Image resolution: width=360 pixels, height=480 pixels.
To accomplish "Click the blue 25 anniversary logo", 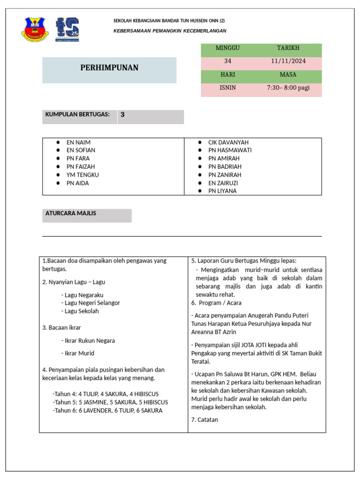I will (x=67, y=29).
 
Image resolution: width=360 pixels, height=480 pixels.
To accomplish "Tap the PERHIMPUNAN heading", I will (x=109, y=68).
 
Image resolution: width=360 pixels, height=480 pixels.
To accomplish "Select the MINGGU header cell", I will (x=227, y=48).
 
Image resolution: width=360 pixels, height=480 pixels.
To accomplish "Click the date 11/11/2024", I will (x=288, y=61).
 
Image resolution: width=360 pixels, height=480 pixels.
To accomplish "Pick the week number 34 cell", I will (x=227, y=61).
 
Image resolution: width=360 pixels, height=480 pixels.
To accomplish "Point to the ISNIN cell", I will (x=227, y=88).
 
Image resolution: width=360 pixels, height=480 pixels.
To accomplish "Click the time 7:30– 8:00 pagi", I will (x=288, y=88).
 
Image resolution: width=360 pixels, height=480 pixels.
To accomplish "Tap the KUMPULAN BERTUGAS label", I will (x=77, y=114).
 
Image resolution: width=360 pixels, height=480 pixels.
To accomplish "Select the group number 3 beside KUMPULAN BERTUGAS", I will (x=123, y=114).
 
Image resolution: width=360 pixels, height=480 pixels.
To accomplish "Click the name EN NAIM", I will (x=78, y=142).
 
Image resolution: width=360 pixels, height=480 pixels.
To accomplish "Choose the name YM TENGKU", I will (x=82, y=175).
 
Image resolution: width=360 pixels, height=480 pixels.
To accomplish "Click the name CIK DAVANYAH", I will (x=228, y=142).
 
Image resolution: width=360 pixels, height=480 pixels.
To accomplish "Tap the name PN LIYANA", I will (x=222, y=191).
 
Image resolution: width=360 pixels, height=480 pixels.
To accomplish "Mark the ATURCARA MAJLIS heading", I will (x=71, y=213).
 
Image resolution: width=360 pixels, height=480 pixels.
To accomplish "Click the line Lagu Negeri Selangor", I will (x=90, y=303).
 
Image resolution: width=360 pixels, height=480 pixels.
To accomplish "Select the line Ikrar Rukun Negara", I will (x=88, y=341).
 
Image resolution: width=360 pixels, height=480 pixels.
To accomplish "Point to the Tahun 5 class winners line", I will (x=110, y=402).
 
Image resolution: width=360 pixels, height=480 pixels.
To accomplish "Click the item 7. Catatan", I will (x=204, y=420).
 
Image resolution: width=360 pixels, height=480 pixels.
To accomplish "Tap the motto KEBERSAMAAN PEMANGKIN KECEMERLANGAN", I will (x=170, y=31).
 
